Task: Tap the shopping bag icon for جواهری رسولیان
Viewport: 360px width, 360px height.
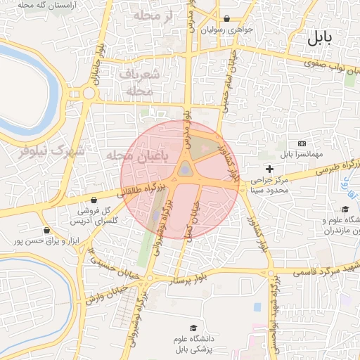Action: point(225,19)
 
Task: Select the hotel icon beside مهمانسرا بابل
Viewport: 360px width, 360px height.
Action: point(302,143)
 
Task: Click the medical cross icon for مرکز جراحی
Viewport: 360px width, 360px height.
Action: point(269,169)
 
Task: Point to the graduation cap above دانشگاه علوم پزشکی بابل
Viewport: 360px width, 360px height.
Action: point(193,328)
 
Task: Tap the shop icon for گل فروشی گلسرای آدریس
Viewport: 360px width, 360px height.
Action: point(93,200)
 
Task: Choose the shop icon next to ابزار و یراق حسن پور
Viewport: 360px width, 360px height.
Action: point(46,229)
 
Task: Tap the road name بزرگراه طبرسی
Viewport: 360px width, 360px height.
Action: point(336,167)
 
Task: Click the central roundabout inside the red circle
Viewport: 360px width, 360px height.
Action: point(184,169)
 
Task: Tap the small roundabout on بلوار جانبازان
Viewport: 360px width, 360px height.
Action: point(89,92)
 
